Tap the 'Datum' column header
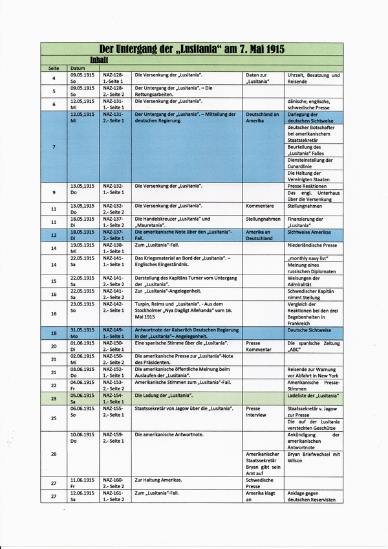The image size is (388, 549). point(78,68)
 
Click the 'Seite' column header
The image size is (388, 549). point(54,68)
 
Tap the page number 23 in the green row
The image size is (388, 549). point(54,399)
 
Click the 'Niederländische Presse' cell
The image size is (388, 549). point(312,245)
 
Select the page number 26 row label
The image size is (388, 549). point(54,453)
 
